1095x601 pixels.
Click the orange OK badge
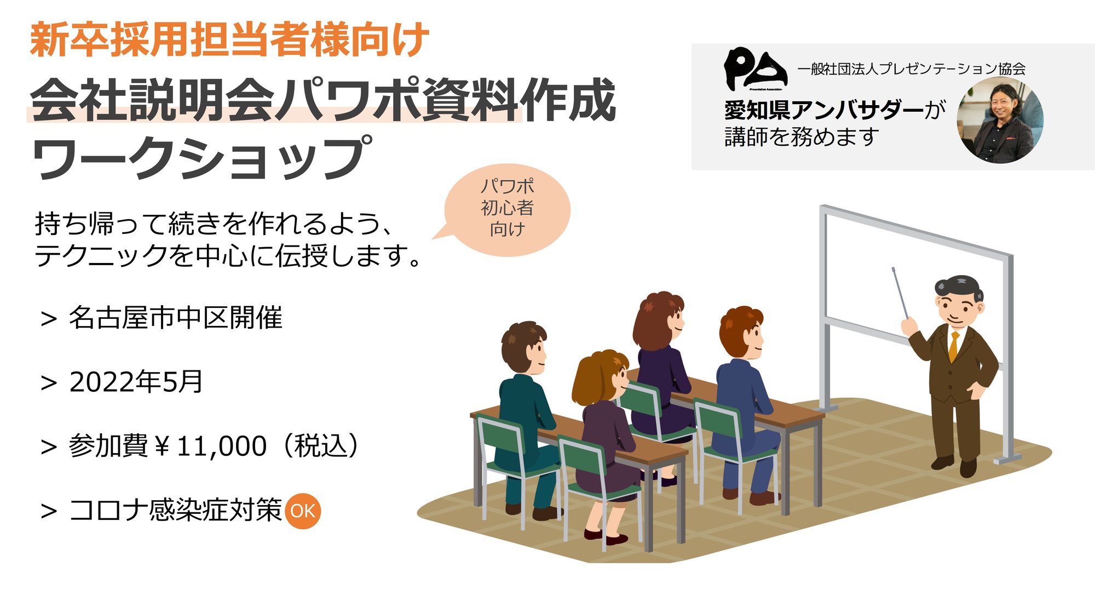click(303, 511)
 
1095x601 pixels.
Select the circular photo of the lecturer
click(1000, 121)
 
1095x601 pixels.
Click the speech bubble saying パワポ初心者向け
click(507, 208)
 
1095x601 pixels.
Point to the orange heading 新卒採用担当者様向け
click(229, 39)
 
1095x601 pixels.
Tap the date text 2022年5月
click(136, 382)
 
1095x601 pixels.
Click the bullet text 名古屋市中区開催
click(175, 318)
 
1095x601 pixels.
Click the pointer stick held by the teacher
click(900, 293)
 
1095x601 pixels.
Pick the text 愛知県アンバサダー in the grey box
click(824, 110)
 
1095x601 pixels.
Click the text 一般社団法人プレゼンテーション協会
click(911, 69)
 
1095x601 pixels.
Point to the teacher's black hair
click(957, 285)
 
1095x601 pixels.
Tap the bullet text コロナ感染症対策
click(175, 510)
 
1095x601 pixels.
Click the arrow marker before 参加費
click(49, 447)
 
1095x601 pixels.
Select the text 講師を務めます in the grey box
click(802, 137)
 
